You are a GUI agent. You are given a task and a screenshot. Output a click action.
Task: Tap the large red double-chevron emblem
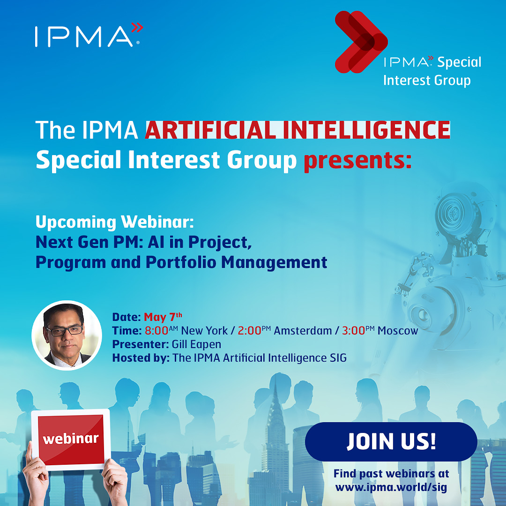click(x=361, y=42)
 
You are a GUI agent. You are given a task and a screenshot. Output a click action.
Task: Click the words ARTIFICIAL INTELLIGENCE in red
click(x=298, y=130)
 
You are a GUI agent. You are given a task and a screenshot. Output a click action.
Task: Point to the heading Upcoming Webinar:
click(x=115, y=222)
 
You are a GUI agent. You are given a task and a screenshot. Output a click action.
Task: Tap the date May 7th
click(x=163, y=317)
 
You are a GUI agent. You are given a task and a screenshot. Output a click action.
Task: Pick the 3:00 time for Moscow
click(x=358, y=330)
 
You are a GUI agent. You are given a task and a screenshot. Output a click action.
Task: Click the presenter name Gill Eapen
click(x=196, y=344)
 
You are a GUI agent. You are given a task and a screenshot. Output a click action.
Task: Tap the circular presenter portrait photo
click(x=67, y=335)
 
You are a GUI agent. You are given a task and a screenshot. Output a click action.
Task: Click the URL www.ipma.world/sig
click(x=391, y=487)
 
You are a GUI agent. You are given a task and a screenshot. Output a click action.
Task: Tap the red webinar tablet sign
click(x=71, y=439)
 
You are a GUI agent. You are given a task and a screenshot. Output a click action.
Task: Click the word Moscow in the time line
click(x=398, y=331)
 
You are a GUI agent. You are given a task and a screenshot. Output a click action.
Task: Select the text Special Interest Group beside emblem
click(x=432, y=71)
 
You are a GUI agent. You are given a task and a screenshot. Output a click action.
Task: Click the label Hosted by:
click(x=141, y=358)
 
